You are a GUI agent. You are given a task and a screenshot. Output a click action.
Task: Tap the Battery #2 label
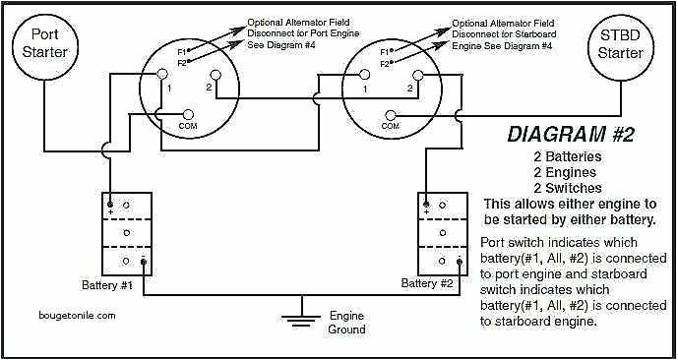pos(428,284)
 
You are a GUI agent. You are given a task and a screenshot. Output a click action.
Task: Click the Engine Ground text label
pos(345,324)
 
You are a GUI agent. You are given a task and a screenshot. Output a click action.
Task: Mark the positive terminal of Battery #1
pos(110,205)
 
